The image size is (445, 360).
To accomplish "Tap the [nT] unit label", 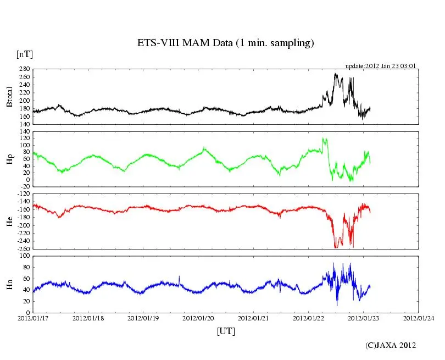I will tap(24, 54).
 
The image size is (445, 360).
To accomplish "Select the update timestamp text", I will tap(380, 66).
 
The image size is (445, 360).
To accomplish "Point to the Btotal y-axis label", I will tap(9, 97).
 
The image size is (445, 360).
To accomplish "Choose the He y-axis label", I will tap(9, 221).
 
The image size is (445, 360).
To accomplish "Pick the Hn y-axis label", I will tap(9, 284).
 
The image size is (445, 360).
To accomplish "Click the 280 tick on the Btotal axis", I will tap(24, 70).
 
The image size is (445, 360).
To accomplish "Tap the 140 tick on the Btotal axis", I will tap(24, 124).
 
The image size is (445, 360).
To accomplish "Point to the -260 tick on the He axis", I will tap(22, 248).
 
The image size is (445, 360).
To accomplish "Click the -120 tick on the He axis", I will tap(22, 195).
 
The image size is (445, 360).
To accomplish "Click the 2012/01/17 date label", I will tap(33, 318).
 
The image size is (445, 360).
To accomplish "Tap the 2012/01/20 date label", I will tap(198, 318).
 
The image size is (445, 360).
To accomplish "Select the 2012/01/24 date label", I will tap(419, 318).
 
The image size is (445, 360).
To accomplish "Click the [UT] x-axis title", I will tap(226, 331).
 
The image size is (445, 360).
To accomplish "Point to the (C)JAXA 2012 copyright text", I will tap(391, 345).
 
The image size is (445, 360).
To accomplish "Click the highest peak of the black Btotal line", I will tap(336, 74).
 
